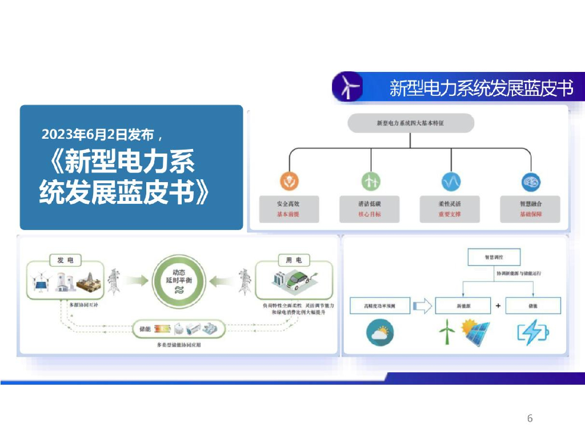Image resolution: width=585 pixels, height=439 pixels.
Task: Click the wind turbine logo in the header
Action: click(347, 87)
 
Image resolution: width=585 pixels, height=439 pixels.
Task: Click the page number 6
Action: click(530, 418)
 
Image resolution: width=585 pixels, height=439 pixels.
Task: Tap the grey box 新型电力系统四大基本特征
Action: click(411, 123)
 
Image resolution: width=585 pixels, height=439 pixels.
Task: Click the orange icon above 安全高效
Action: click(290, 182)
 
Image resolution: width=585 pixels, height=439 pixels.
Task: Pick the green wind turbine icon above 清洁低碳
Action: click(370, 182)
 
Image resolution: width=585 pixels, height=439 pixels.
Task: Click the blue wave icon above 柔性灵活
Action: click(451, 182)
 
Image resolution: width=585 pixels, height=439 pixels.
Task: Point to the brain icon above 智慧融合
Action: click(531, 182)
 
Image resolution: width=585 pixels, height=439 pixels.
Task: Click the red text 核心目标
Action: click(369, 215)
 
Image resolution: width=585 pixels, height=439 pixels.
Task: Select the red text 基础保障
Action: click(530, 215)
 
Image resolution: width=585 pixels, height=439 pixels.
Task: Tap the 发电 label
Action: click(65, 260)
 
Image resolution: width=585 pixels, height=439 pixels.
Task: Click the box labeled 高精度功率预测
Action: click(380, 306)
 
